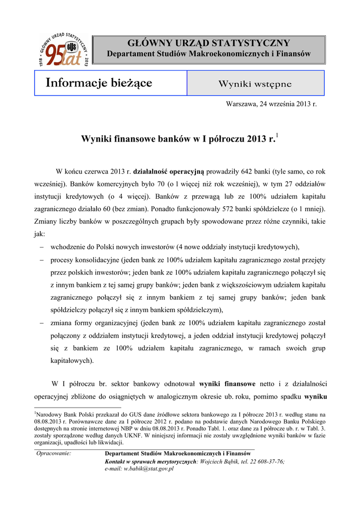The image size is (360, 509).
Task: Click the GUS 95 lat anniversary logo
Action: click(63, 50)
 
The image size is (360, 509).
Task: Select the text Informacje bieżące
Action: click(99, 83)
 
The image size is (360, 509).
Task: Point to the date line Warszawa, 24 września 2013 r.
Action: click(271, 104)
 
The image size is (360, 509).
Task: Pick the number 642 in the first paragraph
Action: click(248, 172)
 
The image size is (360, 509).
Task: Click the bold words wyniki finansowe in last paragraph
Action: click(227, 384)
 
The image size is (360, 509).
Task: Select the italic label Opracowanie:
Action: click(54, 454)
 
